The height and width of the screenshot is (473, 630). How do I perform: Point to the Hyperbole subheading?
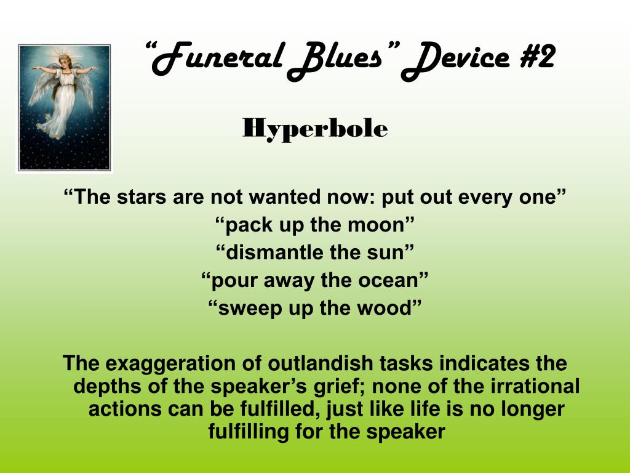(315, 129)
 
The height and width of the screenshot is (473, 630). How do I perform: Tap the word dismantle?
(275, 253)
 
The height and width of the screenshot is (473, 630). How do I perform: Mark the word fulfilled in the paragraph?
(281, 409)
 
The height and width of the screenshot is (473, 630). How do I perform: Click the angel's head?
(65, 62)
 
